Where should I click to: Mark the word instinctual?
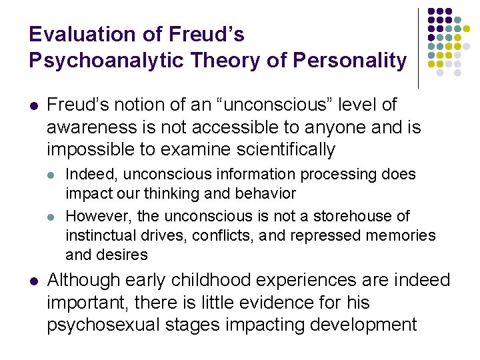(99, 235)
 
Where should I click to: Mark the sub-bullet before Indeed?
(53, 175)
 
